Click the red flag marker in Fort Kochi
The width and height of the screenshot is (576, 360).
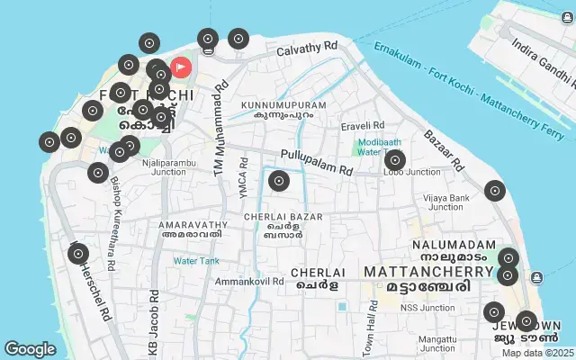pyautogui.click(x=180, y=67)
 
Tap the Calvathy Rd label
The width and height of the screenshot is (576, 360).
pyautogui.click(x=307, y=48)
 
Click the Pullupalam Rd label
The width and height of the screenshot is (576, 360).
pyautogui.click(x=316, y=160)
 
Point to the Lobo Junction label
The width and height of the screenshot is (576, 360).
pyautogui.click(x=411, y=172)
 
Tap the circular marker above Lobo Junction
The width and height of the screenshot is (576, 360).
pyautogui.click(x=394, y=161)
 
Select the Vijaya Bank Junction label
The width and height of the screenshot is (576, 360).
pyautogui.click(x=448, y=202)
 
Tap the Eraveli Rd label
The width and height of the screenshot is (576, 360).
pyautogui.click(x=363, y=125)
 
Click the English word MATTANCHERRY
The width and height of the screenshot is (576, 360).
pyautogui.click(x=428, y=271)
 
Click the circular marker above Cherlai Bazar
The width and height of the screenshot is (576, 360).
pyautogui.click(x=279, y=181)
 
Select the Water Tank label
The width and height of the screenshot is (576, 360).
pyautogui.click(x=196, y=261)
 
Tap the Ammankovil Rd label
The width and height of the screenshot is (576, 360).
pyautogui.click(x=248, y=282)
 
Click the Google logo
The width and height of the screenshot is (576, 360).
pyautogui.click(x=30, y=349)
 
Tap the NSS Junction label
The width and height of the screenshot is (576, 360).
pyautogui.click(x=427, y=308)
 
